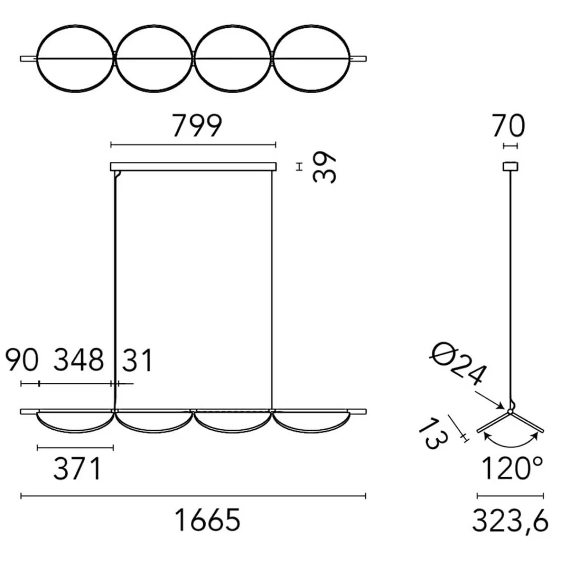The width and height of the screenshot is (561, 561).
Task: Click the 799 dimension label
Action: (x=196, y=126)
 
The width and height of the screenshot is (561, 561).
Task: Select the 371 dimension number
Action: (x=77, y=469)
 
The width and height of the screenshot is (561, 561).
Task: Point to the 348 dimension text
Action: (x=79, y=360)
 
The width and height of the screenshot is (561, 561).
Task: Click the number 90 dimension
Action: (x=22, y=360)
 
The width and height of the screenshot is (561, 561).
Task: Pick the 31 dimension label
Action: (x=137, y=360)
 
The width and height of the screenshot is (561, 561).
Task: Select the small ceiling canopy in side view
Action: (x=510, y=166)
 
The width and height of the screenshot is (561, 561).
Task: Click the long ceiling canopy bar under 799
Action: (x=193, y=166)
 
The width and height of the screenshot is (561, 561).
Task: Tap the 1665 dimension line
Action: (x=193, y=496)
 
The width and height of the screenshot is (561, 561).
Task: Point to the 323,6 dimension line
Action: (x=510, y=496)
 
